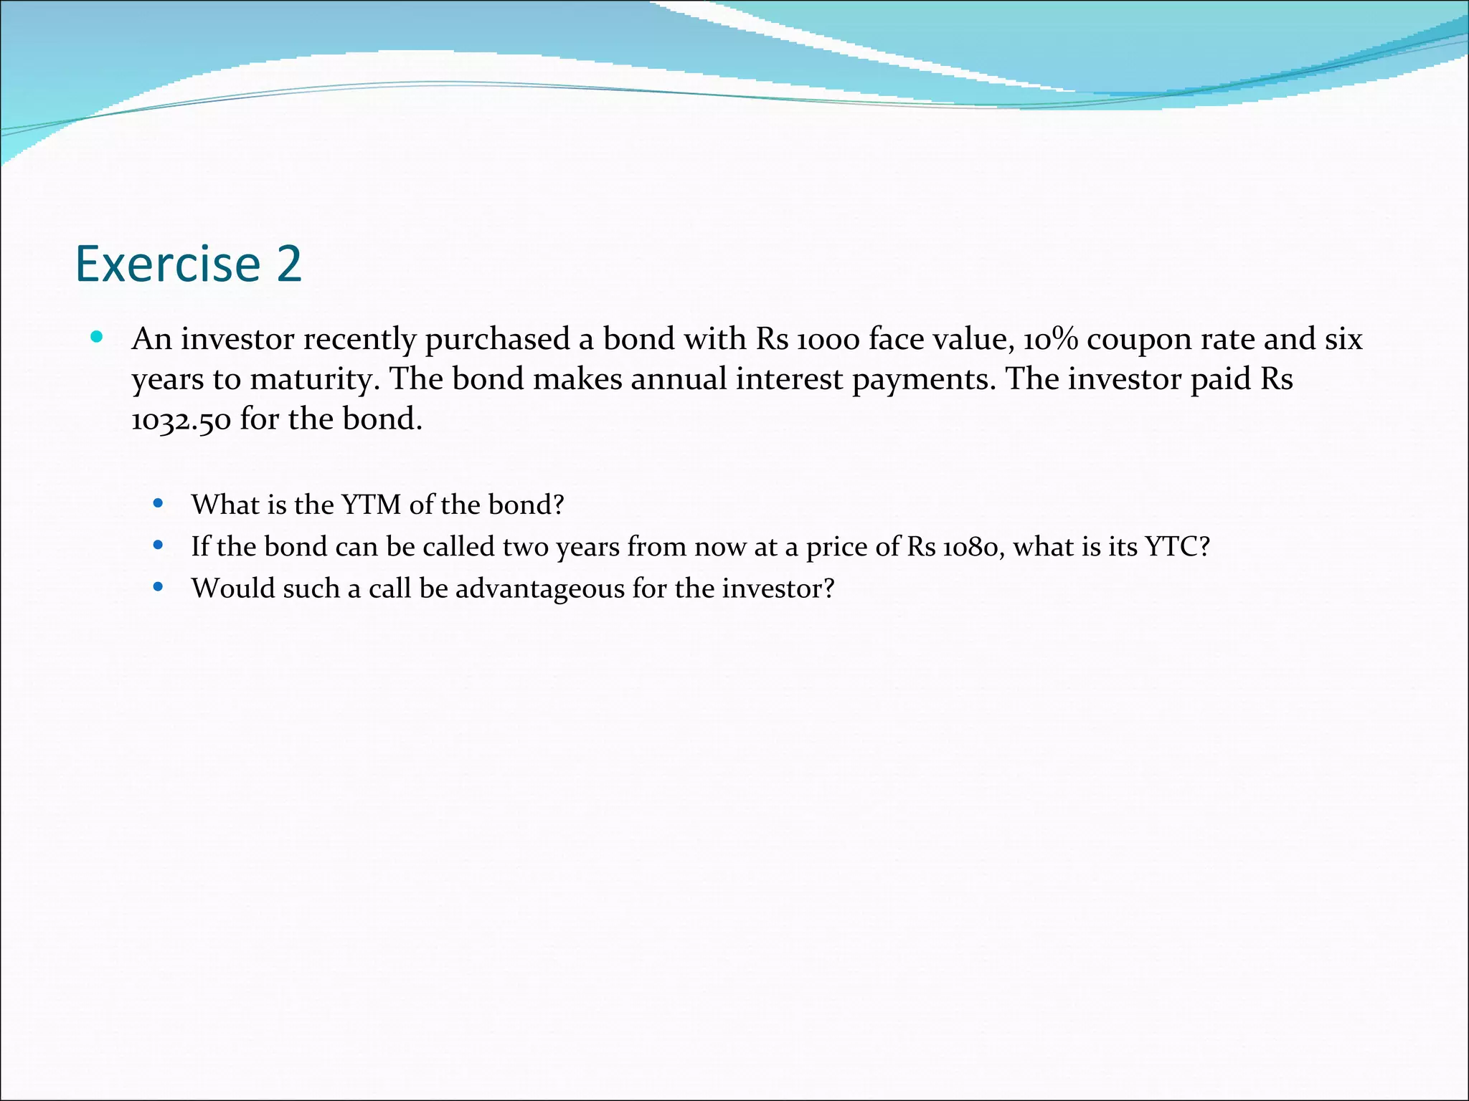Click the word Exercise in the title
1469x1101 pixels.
coord(168,264)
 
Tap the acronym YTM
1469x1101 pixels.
coord(371,505)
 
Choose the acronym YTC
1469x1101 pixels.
coord(1176,547)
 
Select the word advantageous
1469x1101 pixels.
coord(539,589)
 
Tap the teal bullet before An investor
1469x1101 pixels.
coord(98,337)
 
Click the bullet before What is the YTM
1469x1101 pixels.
coord(159,504)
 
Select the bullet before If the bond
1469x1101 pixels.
coord(159,545)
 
